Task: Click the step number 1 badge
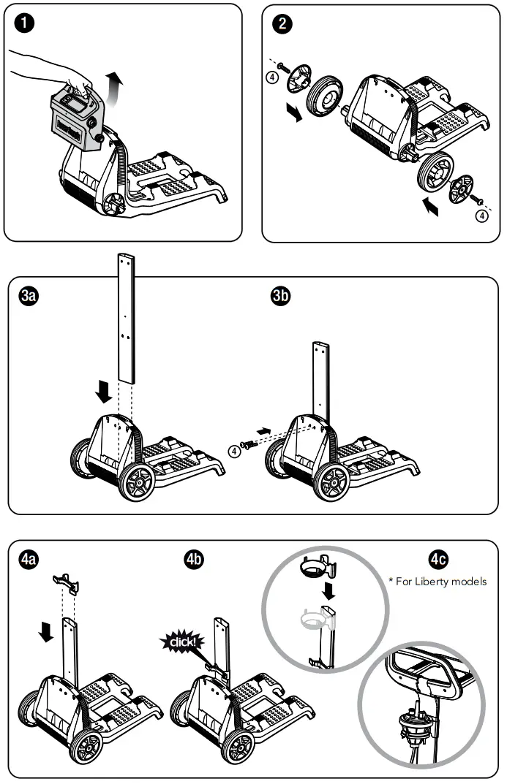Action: (x=23, y=23)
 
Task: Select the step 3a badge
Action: (x=29, y=296)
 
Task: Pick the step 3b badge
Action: (x=282, y=296)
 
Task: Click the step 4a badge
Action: (x=29, y=560)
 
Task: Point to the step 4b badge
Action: (x=194, y=560)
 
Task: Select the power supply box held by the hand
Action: (x=76, y=118)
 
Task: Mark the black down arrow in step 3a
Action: (x=104, y=392)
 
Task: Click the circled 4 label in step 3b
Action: (x=234, y=452)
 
